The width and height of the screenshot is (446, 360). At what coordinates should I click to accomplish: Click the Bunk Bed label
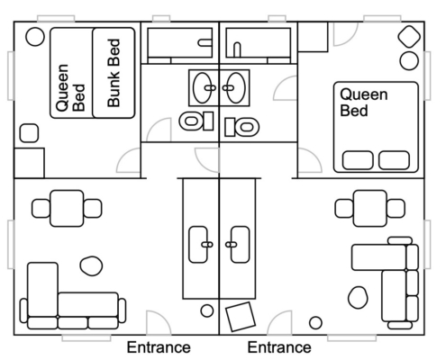(114, 73)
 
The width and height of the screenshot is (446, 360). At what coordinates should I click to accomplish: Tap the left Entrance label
(159, 347)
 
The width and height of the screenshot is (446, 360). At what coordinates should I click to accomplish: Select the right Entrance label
(279, 347)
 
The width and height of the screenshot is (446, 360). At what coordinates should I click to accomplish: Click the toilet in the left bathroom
(196, 121)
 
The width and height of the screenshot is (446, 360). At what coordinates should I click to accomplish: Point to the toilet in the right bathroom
(242, 127)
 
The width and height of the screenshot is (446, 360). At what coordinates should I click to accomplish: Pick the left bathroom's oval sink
(205, 88)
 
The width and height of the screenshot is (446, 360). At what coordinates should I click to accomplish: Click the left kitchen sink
(198, 245)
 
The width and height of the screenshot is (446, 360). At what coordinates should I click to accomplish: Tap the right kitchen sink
(241, 245)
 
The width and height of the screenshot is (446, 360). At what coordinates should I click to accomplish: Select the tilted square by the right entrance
(241, 317)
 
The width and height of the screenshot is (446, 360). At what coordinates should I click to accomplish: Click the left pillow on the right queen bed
(358, 160)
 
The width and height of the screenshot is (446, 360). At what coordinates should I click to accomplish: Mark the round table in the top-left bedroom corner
(35, 37)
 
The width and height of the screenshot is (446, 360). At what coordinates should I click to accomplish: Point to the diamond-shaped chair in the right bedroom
(409, 37)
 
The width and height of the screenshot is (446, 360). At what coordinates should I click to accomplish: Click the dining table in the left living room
(67, 208)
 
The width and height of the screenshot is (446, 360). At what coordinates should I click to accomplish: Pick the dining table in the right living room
(370, 208)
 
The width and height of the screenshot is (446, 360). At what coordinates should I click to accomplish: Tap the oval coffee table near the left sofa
(91, 265)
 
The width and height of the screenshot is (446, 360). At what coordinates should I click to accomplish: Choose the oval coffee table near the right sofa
(358, 297)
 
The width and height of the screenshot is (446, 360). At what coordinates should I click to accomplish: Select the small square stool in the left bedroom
(29, 133)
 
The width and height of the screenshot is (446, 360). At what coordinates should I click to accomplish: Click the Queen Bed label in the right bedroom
(364, 103)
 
